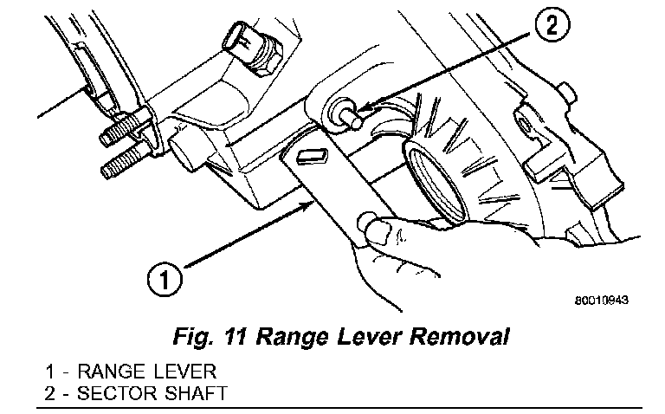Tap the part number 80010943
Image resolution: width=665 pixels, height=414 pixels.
click(x=600, y=301)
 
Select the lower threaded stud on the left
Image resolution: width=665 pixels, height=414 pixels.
click(x=121, y=164)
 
